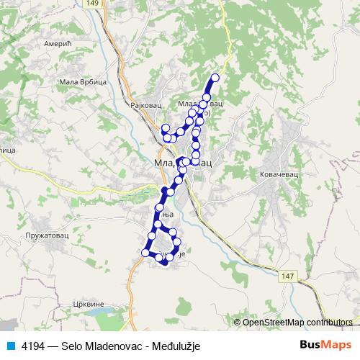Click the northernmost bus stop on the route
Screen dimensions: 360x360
pos(215,78)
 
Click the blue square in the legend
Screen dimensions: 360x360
pos(10,344)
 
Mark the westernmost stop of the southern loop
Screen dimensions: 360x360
pos(146,253)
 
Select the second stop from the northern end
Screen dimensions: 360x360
pos(207,97)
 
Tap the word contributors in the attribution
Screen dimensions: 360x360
pos(328,323)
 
